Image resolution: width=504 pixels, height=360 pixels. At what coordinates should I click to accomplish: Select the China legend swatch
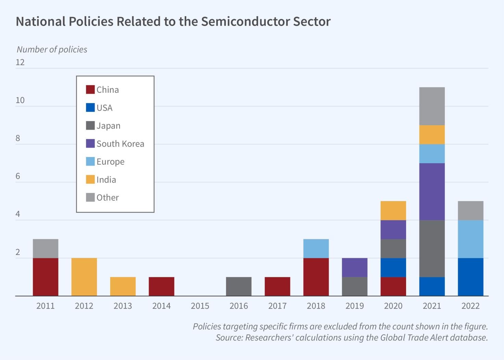coord(90,90)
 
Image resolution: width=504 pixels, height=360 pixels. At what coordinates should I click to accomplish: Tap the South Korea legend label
coord(120,144)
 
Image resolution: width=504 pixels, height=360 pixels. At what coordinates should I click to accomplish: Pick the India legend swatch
coord(90,179)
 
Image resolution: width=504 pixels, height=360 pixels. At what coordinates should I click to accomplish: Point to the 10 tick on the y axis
coord(20,100)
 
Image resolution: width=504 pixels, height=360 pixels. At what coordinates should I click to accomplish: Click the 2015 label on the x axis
coord(200,306)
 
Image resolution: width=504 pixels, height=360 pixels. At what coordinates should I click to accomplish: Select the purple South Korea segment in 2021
coord(432,192)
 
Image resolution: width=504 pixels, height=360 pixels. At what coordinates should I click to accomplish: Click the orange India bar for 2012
coord(84,277)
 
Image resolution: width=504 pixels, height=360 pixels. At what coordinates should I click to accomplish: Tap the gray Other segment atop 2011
coord(46,248)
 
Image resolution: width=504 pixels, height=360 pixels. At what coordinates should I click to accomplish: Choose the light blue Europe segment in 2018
coord(316,248)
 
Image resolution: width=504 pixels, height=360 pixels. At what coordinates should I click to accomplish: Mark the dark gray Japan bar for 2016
coord(239,286)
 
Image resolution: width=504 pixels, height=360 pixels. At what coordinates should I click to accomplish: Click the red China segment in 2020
coord(393,286)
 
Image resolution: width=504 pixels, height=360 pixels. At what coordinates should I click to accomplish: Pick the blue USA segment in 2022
coord(470,277)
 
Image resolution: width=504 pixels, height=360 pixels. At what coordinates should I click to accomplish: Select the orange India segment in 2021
coord(432,134)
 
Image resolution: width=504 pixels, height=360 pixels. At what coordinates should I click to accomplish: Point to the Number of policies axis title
coord(52,50)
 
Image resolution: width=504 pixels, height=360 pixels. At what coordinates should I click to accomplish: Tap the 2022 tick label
coord(470,306)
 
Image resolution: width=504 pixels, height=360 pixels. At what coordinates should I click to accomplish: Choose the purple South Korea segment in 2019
coord(354,267)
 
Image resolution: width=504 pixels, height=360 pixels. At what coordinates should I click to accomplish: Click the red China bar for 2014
coord(161,286)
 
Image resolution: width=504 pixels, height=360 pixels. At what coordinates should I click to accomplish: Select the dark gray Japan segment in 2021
coord(432,248)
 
